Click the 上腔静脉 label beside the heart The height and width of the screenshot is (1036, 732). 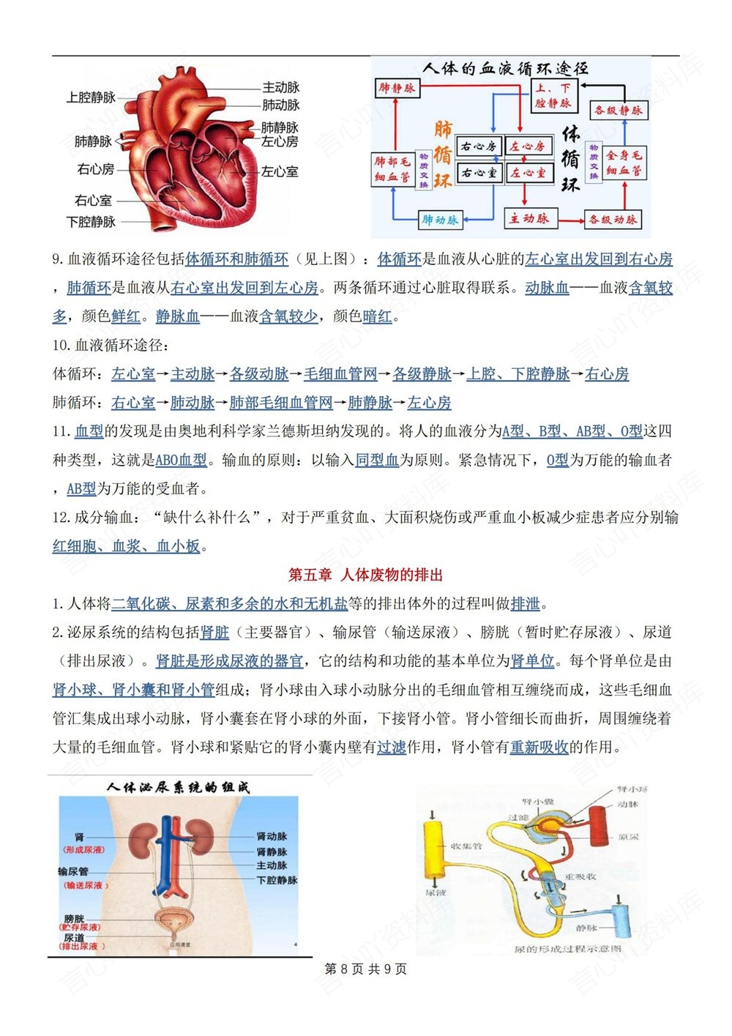[91, 97]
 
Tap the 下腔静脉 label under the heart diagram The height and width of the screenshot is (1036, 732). [91, 222]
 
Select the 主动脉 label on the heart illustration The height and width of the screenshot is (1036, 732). [281, 87]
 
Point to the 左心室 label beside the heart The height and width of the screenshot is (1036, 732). [280, 171]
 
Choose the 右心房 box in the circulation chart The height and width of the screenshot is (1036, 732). [479, 146]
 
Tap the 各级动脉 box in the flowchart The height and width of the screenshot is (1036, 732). [613, 219]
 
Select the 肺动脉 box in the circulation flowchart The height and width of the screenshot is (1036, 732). [440, 220]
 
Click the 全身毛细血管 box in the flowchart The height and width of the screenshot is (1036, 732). [624, 163]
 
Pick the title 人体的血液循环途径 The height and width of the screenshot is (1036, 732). [505, 69]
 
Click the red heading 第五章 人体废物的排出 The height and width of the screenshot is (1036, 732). [366, 575]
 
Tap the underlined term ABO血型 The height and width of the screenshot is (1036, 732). [182, 461]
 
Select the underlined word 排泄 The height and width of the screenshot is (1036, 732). [525, 604]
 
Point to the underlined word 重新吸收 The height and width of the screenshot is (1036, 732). [539, 748]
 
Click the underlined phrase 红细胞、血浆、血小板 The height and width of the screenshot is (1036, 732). [126, 546]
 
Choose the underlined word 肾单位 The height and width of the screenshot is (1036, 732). [532, 661]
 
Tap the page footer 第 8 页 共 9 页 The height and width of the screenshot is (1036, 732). [365, 969]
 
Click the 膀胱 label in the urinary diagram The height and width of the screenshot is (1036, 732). [74, 919]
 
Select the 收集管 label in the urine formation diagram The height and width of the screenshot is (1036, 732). [466, 846]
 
